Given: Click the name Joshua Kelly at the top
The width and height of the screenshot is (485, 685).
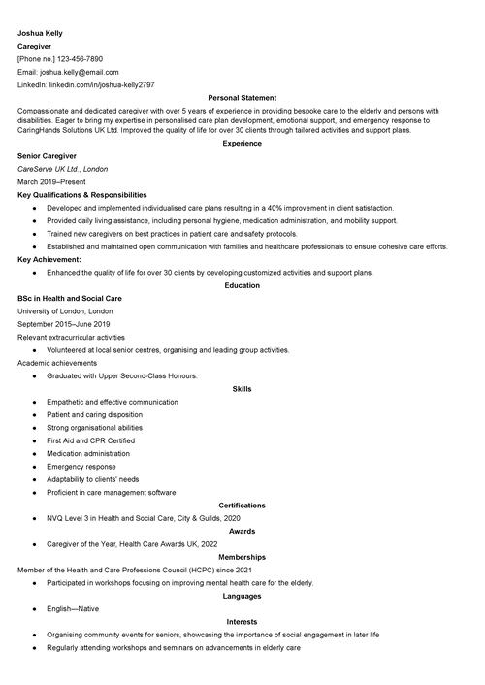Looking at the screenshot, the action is [40, 32].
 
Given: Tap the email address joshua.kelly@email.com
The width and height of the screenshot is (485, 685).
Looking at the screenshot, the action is [79, 72].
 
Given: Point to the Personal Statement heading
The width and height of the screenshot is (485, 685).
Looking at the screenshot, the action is [242, 98].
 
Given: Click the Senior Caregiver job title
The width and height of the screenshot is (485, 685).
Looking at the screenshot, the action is [48, 155].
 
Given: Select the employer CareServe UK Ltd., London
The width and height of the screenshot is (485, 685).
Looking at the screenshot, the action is [62, 169].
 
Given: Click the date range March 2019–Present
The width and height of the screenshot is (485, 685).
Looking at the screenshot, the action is [54, 181].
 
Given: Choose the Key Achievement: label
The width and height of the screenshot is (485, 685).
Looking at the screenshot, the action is [49, 260].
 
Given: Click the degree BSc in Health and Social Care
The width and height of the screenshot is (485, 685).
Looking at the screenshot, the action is [70, 299].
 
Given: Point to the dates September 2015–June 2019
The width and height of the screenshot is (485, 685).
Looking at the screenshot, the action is [64, 324].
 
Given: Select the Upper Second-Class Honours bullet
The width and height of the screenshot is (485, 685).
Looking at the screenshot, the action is [121, 375].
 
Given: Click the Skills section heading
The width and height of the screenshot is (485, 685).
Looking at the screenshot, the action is [242, 389].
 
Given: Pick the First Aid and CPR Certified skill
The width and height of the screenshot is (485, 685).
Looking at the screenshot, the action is [90, 440].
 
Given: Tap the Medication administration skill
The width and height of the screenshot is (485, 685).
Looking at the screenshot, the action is [87, 453].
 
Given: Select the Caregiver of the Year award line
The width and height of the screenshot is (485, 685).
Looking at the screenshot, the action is [132, 544].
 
